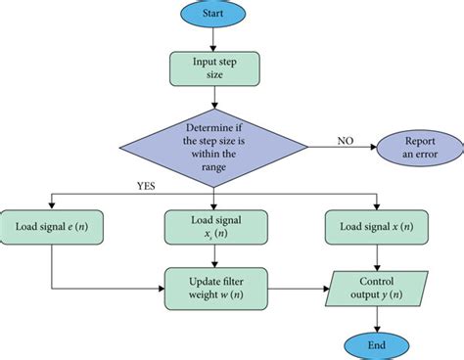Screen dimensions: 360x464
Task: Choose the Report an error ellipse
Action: coord(417,147)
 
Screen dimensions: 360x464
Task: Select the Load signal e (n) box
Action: coord(51,228)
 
